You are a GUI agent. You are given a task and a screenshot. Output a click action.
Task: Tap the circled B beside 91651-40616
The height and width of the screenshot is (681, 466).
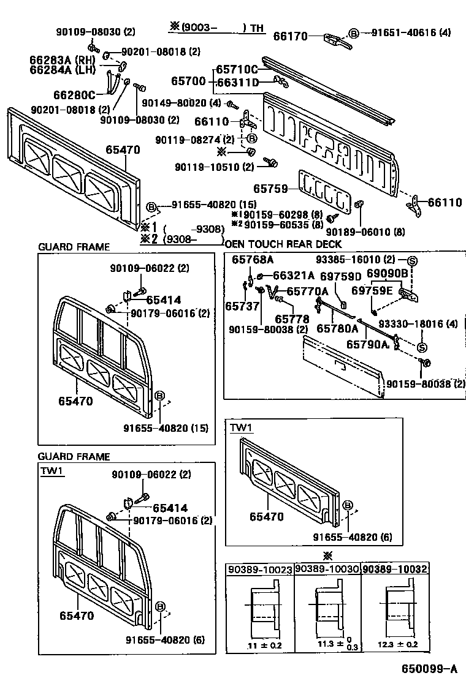coord(354,33)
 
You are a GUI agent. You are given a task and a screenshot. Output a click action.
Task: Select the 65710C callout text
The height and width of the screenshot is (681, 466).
coord(237,70)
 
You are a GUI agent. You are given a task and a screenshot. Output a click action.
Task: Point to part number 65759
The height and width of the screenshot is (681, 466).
coord(270,189)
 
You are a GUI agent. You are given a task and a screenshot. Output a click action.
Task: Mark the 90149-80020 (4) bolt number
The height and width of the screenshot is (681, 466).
coord(181,103)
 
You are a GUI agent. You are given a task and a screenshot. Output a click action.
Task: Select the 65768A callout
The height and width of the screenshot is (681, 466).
coord(253,260)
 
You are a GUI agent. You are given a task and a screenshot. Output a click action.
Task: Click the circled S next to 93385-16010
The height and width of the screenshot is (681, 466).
coord(412,261)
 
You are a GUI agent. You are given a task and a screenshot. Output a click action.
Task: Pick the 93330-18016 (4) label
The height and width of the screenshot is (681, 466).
coord(418,323)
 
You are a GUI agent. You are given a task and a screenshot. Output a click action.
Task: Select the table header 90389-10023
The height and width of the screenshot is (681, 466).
coord(260,570)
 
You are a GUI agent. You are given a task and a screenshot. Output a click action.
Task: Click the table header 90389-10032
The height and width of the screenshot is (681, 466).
coord(394,569)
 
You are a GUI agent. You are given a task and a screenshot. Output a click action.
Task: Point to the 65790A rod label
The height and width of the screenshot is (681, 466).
coord(368,344)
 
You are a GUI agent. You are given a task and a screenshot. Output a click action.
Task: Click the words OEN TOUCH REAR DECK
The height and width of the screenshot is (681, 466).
coord(283,244)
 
